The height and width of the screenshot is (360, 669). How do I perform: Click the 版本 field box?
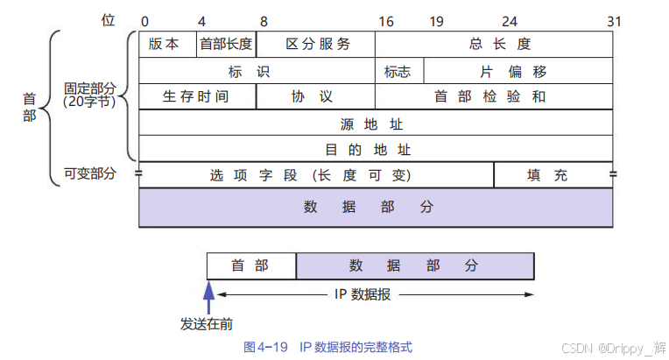[x=166, y=44]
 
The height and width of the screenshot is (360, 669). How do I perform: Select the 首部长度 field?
[x=226, y=44]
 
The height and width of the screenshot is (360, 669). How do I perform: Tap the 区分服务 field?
[x=316, y=44]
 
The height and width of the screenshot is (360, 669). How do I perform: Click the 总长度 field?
[x=494, y=44]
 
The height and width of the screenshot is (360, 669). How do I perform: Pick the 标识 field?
[x=257, y=70]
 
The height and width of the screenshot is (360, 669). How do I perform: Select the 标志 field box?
[x=399, y=70]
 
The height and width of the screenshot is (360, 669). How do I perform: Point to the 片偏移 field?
[x=518, y=70]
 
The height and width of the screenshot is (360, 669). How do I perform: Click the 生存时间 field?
[x=197, y=96]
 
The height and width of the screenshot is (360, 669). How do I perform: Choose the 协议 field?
[x=316, y=96]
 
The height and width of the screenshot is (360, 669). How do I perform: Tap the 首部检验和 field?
[x=494, y=96]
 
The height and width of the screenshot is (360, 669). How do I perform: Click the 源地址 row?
[x=376, y=123]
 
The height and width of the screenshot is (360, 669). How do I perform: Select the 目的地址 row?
[x=376, y=149]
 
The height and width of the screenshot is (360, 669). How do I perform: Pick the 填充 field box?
[x=553, y=175]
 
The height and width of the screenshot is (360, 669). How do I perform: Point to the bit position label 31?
[x=614, y=19]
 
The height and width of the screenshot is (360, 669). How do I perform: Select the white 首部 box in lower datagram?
[x=251, y=265]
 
